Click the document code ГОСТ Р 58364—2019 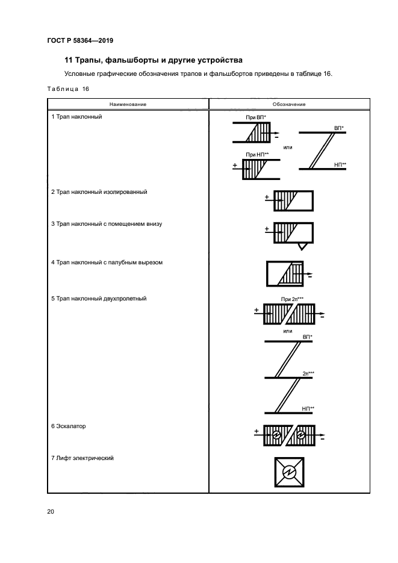coord(79,40)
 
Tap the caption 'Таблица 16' coord(68,89)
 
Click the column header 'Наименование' coord(128,104)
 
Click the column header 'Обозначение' coord(289,104)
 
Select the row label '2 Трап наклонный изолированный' coord(99,192)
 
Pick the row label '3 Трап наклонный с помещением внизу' coord(107,224)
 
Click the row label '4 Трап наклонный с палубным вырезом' coord(107,263)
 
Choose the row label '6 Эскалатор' coord(69,426)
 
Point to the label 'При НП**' coord(257,155)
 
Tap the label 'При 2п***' coord(292,299)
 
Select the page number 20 coord(51,512)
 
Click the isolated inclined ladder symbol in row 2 coord(293,201)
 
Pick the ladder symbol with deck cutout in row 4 coord(285,274)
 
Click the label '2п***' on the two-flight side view coord(309,373)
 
